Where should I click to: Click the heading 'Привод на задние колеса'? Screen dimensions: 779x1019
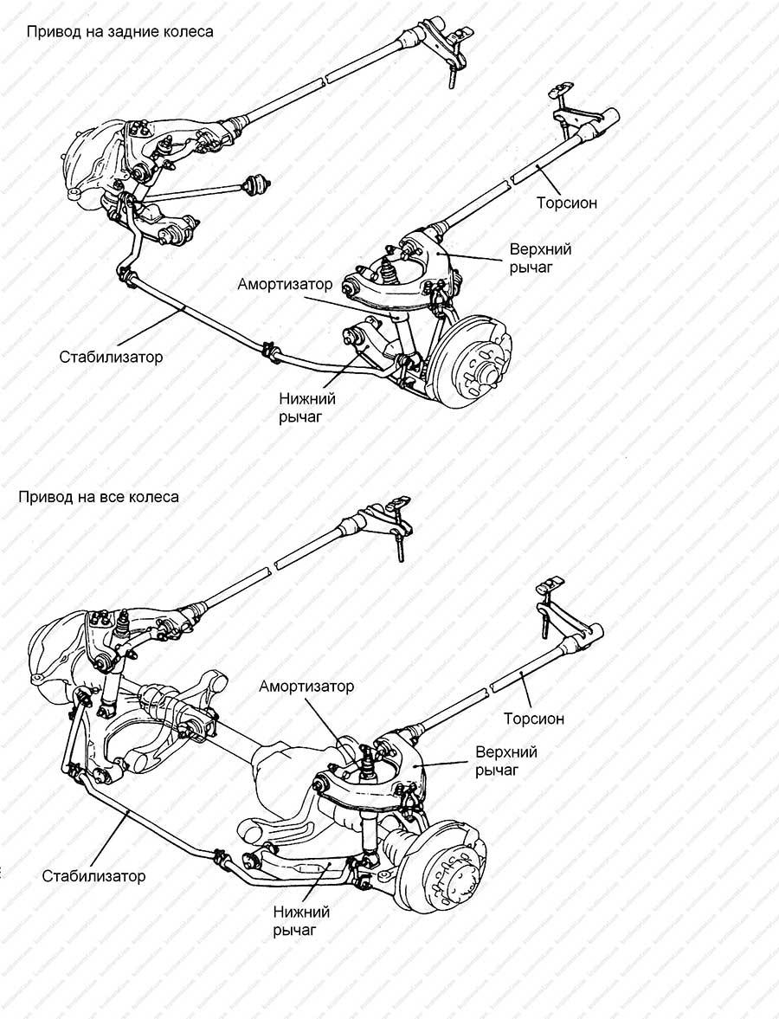coord(119,32)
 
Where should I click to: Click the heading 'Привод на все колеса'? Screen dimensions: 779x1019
coord(99,497)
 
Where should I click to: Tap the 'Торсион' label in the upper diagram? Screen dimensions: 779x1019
coord(567,203)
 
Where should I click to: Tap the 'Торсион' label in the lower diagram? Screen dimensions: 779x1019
coord(534,719)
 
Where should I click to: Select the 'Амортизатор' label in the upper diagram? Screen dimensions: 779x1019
coord(285,285)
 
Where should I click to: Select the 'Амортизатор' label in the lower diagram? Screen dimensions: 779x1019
coord(306,687)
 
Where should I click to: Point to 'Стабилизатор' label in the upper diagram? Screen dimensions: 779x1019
coord(111,357)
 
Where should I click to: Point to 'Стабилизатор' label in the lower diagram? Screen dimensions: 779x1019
coord(94,875)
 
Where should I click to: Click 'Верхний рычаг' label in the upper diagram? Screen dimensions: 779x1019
coord(541,258)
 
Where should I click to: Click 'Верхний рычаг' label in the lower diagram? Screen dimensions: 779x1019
coord(506,761)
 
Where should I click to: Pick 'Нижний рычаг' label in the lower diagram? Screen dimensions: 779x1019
coord(301,921)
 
